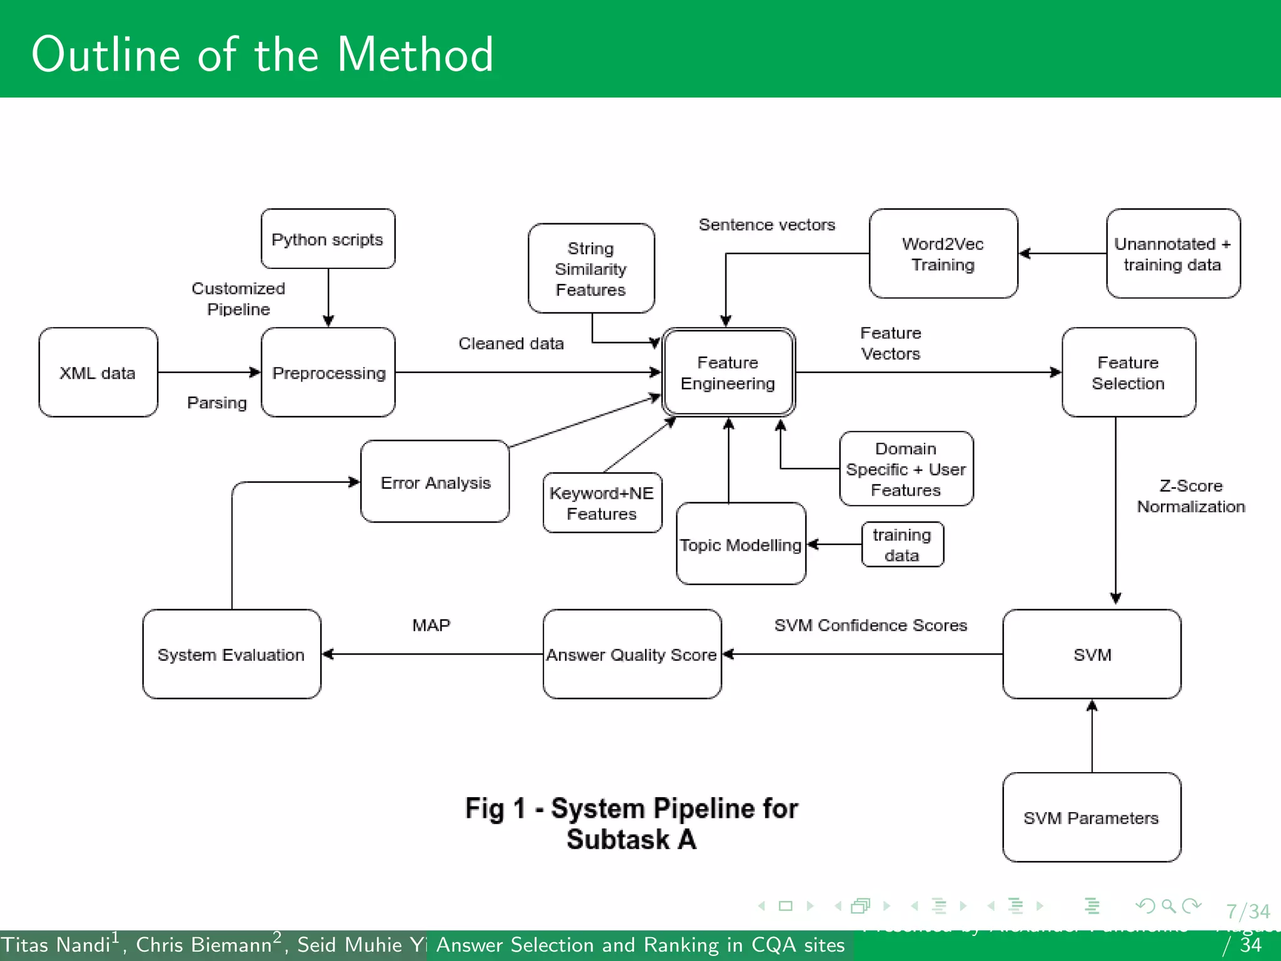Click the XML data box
pyautogui.click(x=98, y=372)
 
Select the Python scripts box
pyautogui.click(x=328, y=239)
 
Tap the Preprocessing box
pyautogui.click(x=328, y=372)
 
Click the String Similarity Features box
pyautogui.click(x=591, y=268)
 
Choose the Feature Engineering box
pyautogui.click(x=728, y=372)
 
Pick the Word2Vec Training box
pyautogui.click(x=943, y=253)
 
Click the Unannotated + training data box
pyautogui.click(x=1173, y=253)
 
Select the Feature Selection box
pyautogui.click(x=1128, y=372)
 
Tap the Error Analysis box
pyautogui.click(x=435, y=482)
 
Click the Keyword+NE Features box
pyautogui.click(x=602, y=503)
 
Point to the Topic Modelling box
pyautogui.click(x=741, y=544)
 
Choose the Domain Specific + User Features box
pyautogui.click(x=906, y=469)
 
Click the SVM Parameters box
pyautogui.click(x=1091, y=817)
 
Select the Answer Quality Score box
pyautogui.click(x=632, y=654)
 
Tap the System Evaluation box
pyautogui.click(x=231, y=654)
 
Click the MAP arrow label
pyautogui.click(x=431, y=625)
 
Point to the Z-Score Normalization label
pyautogui.click(x=1190, y=496)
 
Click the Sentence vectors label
pyautogui.click(x=767, y=225)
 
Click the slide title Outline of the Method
pyautogui.click(x=263, y=54)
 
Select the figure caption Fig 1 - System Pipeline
pyautogui.click(x=632, y=823)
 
